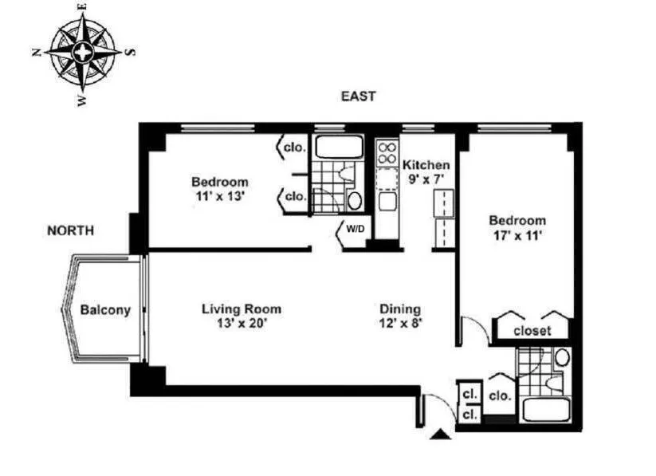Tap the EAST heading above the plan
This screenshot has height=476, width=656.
[358, 96]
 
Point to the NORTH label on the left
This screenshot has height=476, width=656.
[70, 230]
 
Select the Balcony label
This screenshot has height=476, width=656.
[104, 311]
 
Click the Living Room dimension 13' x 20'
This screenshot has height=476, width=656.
[241, 324]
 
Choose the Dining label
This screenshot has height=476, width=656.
[399, 309]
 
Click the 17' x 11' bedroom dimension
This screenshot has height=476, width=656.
[517, 235]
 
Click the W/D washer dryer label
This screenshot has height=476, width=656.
[355, 230]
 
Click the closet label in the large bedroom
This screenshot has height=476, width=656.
[532, 330]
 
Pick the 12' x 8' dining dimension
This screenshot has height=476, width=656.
[399, 324]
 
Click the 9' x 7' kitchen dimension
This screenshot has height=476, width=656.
[426, 179]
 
